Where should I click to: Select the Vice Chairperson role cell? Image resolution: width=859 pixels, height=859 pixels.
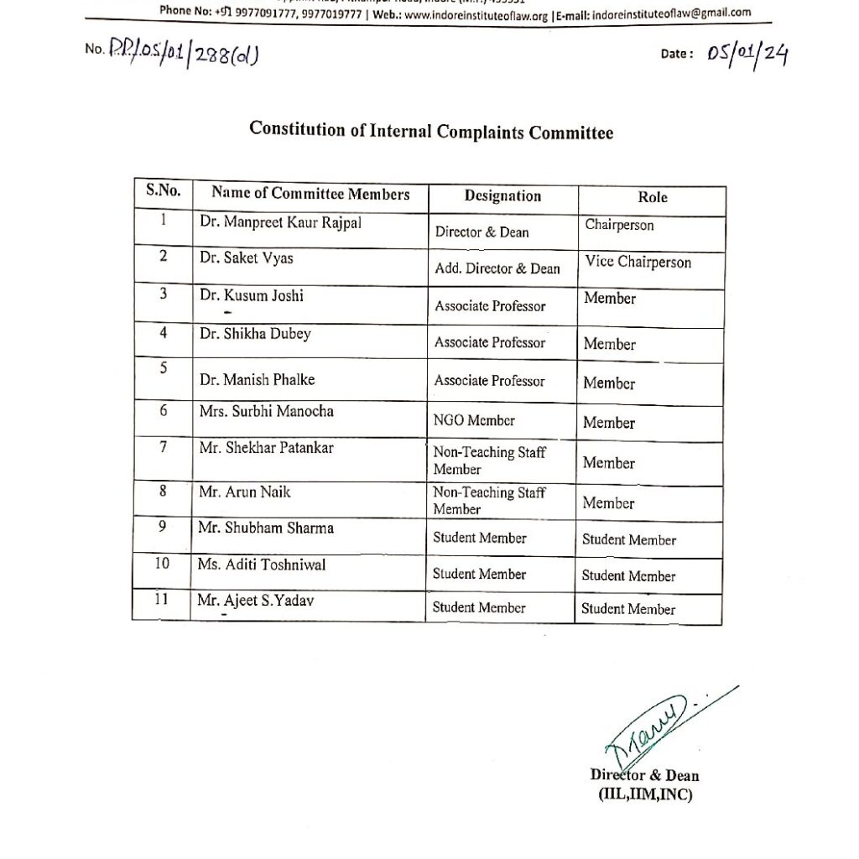(638, 263)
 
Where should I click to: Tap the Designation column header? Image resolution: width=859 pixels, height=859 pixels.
(502, 196)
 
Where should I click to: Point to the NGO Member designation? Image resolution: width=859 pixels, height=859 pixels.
(474, 420)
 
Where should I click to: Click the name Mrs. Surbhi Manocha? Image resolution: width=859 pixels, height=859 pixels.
(267, 411)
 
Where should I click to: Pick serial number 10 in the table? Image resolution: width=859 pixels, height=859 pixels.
(162, 564)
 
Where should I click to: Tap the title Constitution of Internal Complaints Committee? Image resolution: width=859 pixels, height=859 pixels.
(431, 132)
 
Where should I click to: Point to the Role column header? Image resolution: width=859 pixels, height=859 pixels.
(653, 197)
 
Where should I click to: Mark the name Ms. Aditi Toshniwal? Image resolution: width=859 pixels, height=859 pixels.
(262, 565)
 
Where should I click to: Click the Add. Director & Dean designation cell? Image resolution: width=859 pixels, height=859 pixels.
(497, 268)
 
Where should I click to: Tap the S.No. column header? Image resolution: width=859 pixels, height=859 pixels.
(163, 190)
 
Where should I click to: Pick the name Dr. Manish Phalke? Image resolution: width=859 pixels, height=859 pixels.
(257, 379)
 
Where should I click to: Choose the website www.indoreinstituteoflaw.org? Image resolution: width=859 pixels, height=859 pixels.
(482, 13)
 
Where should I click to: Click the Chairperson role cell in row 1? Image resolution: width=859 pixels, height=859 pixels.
(619, 225)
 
